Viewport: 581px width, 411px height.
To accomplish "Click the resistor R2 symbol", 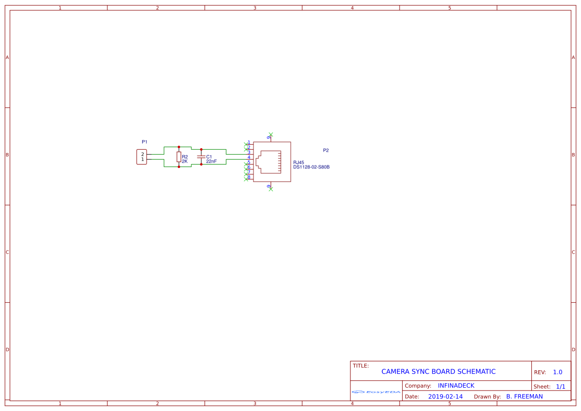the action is pyautogui.click(x=178, y=157).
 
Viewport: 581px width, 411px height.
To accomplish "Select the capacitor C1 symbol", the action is pyautogui.click(x=201, y=157).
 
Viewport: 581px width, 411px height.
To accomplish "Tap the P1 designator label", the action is pyautogui.click(x=145, y=142).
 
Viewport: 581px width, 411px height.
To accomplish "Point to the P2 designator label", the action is pyautogui.click(x=326, y=151).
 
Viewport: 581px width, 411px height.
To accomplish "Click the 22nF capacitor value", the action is pyautogui.click(x=211, y=162).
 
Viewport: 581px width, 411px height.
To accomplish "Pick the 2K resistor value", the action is pyautogui.click(x=184, y=162).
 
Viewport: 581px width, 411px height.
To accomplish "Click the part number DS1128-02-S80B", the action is pyautogui.click(x=311, y=167).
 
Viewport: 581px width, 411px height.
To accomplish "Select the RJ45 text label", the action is pyautogui.click(x=298, y=163).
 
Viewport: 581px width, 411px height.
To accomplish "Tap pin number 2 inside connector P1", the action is pyautogui.click(x=142, y=155).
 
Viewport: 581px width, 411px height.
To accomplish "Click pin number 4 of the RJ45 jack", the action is pyautogui.click(x=249, y=158).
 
